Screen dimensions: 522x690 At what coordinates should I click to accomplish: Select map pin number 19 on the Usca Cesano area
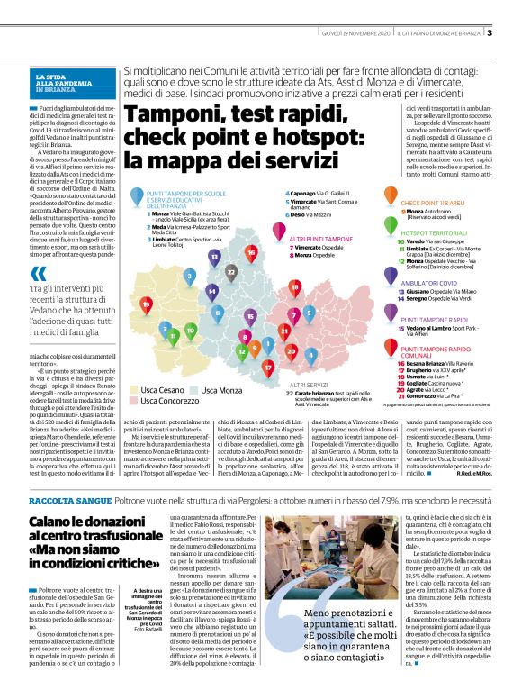(x=147, y=304)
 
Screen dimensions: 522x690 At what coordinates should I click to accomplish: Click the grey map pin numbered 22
(x=232, y=270)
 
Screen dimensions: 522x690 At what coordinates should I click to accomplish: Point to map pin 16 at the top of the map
(x=251, y=253)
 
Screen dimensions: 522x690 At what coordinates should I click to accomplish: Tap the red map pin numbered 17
(x=267, y=367)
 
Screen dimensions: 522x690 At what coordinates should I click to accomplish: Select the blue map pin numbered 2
(x=189, y=276)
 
